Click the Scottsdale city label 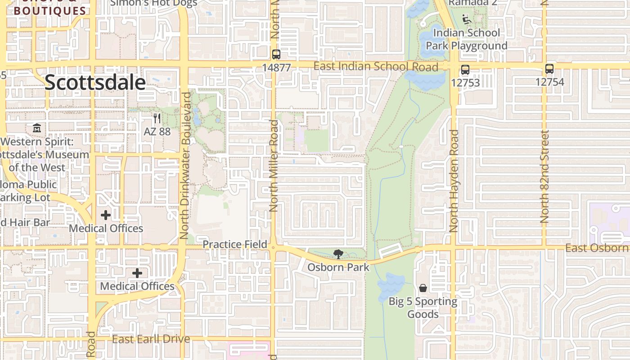pyautogui.click(x=95, y=83)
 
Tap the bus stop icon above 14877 pyautogui.click(x=276, y=54)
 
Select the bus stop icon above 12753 pyautogui.click(x=465, y=70)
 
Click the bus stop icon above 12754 pyautogui.click(x=549, y=69)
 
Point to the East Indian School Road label pyautogui.click(x=375, y=67)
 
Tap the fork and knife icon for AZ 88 pyautogui.click(x=157, y=118)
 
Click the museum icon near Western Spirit pyautogui.click(x=36, y=128)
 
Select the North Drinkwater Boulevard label pyautogui.click(x=185, y=166)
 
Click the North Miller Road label pyautogui.click(x=274, y=166)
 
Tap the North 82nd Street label pyautogui.click(x=544, y=176)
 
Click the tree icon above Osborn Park pyautogui.click(x=338, y=254)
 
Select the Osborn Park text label pyautogui.click(x=338, y=267)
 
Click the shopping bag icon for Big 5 pyautogui.click(x=423, y=288)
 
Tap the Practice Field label pyautogui.click(x=235, y=244)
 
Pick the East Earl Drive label pyautogui.click(x=151, y=339)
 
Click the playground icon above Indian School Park pyautogui.click(x=467, y=19)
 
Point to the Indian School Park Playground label pyautogui.click(x=466, y=39)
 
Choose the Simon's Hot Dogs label pyautogui.click(x=154, y=3)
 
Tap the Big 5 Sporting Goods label pyautogui.click(x=423, y=308)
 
